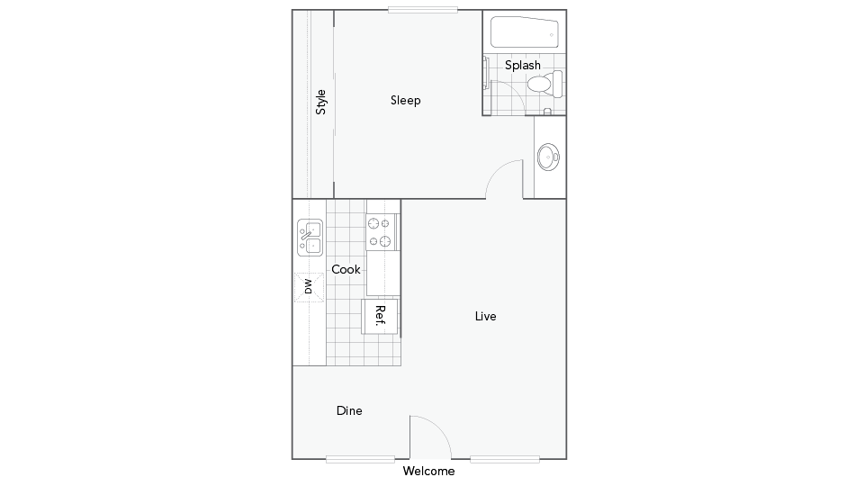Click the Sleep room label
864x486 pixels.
406,100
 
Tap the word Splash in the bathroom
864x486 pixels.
523,66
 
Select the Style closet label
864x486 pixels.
320,102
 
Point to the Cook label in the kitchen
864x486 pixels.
346,269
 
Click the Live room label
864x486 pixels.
485,316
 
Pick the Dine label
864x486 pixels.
349,410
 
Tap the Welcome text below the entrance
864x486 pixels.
428,471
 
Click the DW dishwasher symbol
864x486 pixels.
309,287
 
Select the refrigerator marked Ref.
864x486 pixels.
380,316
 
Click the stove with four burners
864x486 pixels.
382,232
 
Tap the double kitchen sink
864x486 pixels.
310,238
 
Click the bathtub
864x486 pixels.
525,31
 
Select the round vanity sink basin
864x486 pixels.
548,157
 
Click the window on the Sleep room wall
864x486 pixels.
423,10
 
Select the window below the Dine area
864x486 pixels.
360,459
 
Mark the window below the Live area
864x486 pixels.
505,459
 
